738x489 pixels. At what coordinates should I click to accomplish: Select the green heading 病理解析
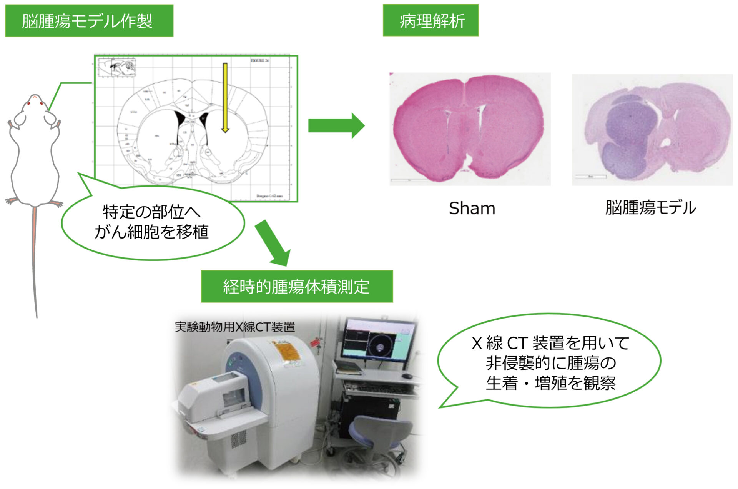point(430,21)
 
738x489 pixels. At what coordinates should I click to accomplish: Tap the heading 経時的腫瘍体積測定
point(296,287)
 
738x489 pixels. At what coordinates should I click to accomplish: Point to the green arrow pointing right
point(336,125)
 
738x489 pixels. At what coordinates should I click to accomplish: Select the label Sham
point(472,208)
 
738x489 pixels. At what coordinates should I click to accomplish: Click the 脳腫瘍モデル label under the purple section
point(650,208)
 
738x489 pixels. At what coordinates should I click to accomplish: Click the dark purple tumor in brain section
point(627,135)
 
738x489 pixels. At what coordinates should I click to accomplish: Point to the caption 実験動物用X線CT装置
point(234,327)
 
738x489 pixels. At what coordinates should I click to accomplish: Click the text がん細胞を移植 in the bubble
point(151,232)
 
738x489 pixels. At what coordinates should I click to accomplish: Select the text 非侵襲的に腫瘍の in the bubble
point(550,363)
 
